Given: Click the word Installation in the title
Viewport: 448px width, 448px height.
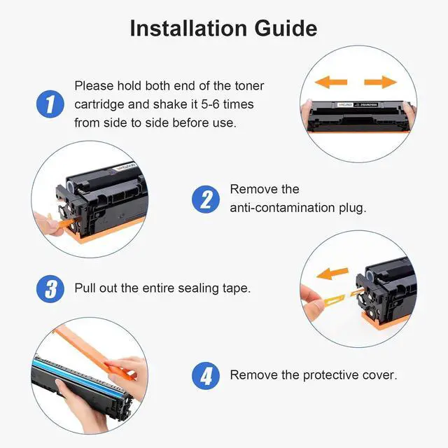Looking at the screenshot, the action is coord(188,28).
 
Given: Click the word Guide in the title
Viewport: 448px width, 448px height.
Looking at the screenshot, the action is coord(286,28).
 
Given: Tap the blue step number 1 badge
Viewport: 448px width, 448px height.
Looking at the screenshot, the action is coord(50,104).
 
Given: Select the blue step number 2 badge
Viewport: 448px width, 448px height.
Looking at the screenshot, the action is coord(206,199).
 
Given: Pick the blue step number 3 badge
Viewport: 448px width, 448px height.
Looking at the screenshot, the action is coord(50,288).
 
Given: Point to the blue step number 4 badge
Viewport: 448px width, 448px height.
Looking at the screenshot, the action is coord(206,376).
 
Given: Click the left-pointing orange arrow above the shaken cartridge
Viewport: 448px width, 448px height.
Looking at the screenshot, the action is coord(331,83).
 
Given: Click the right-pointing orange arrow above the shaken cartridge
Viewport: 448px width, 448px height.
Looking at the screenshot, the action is coord(381,83).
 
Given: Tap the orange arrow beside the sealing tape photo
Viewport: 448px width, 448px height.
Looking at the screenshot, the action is coord(332,274).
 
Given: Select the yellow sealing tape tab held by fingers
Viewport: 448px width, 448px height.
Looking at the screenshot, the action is coord(335,300).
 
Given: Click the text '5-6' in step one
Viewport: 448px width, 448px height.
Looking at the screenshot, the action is coord(210,104).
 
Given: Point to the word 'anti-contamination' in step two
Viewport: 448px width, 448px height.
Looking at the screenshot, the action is coord(282,208).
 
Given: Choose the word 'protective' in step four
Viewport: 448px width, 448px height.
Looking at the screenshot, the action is coord(330,375).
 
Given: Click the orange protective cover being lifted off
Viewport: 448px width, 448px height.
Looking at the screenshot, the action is coord(94,354).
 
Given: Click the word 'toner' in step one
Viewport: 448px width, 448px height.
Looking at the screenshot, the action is coord(249,85).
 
